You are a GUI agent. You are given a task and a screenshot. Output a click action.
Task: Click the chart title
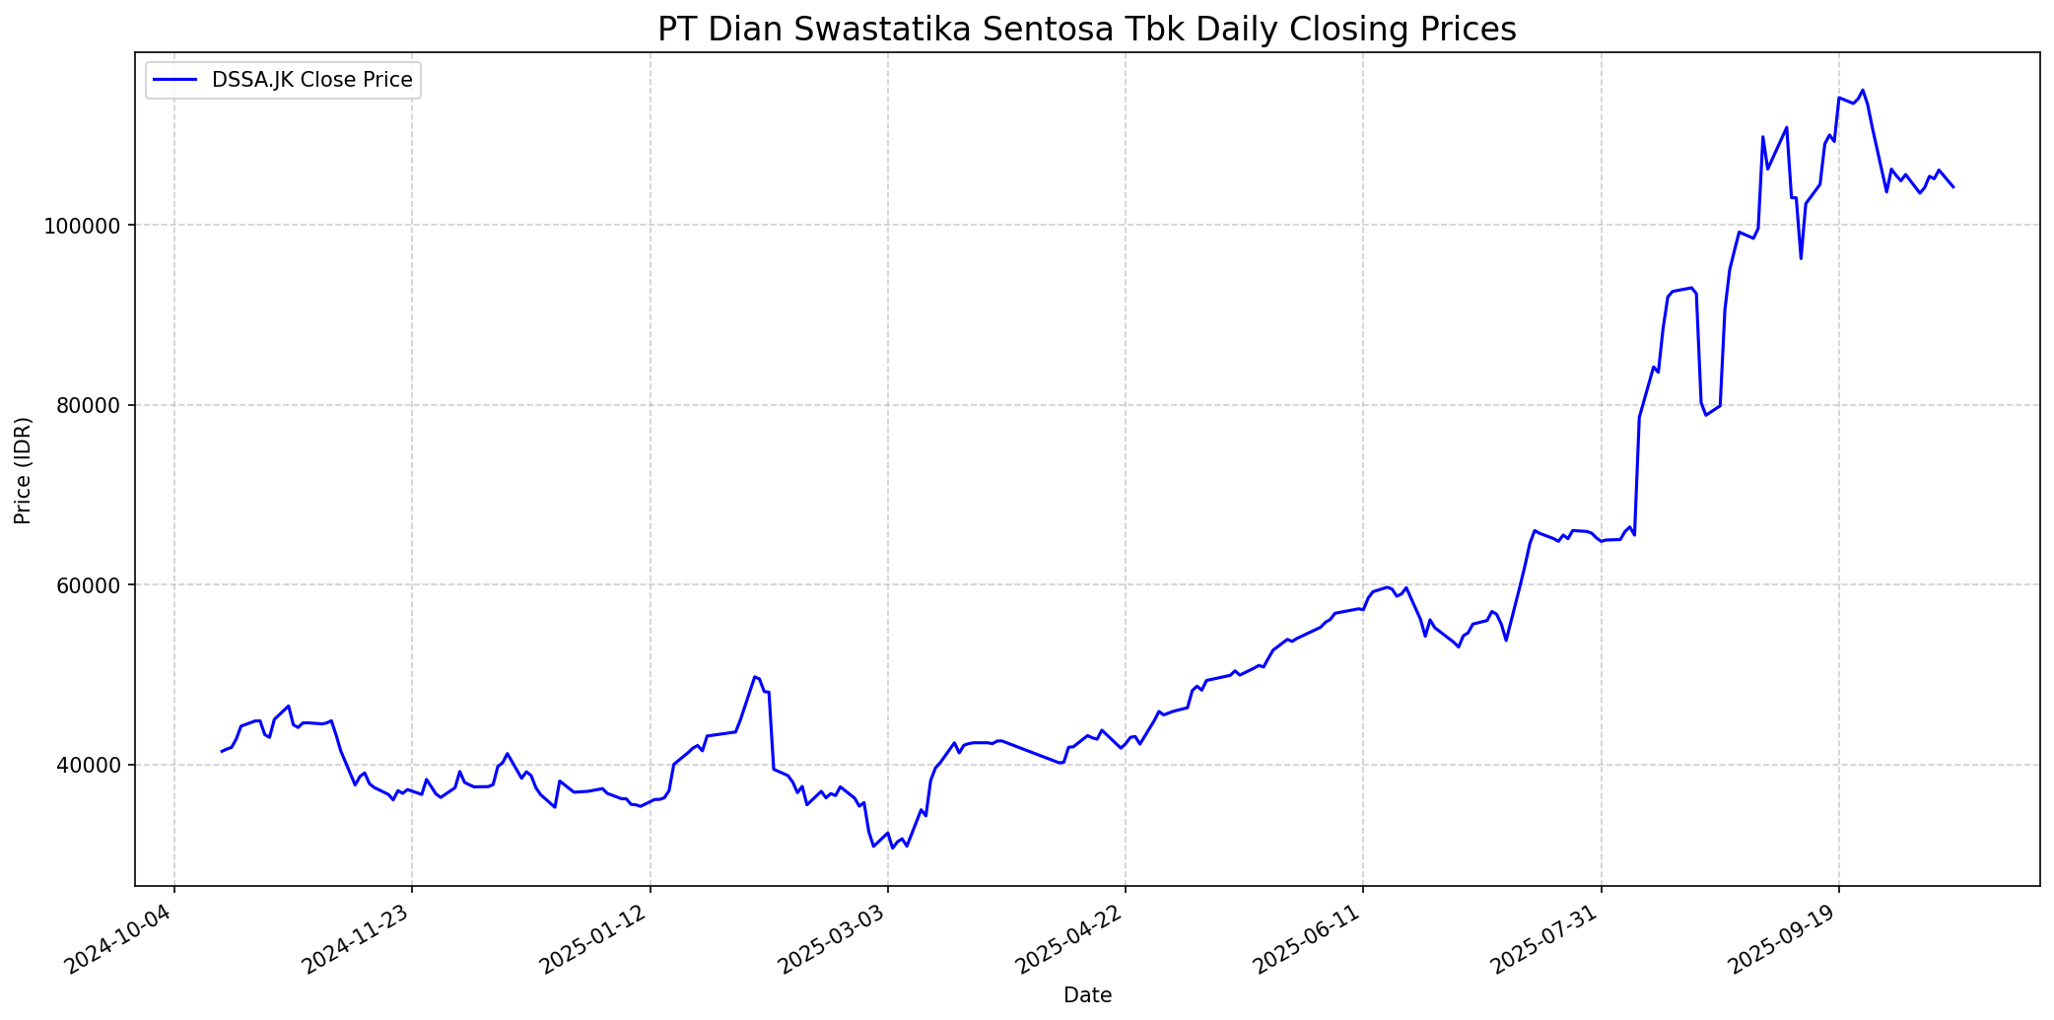click(1086, 30)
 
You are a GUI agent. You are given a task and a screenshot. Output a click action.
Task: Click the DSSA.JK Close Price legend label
click(311, 80)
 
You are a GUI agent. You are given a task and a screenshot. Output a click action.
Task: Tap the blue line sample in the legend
click(176, 80)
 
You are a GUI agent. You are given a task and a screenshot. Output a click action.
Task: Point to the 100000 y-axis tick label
click(87, 226)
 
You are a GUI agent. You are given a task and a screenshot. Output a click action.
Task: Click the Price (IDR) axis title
click(24, 470)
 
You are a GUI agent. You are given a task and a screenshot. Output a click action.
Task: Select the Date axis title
click(1087, 996)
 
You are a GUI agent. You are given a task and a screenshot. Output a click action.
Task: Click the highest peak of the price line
click(1862, 91)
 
